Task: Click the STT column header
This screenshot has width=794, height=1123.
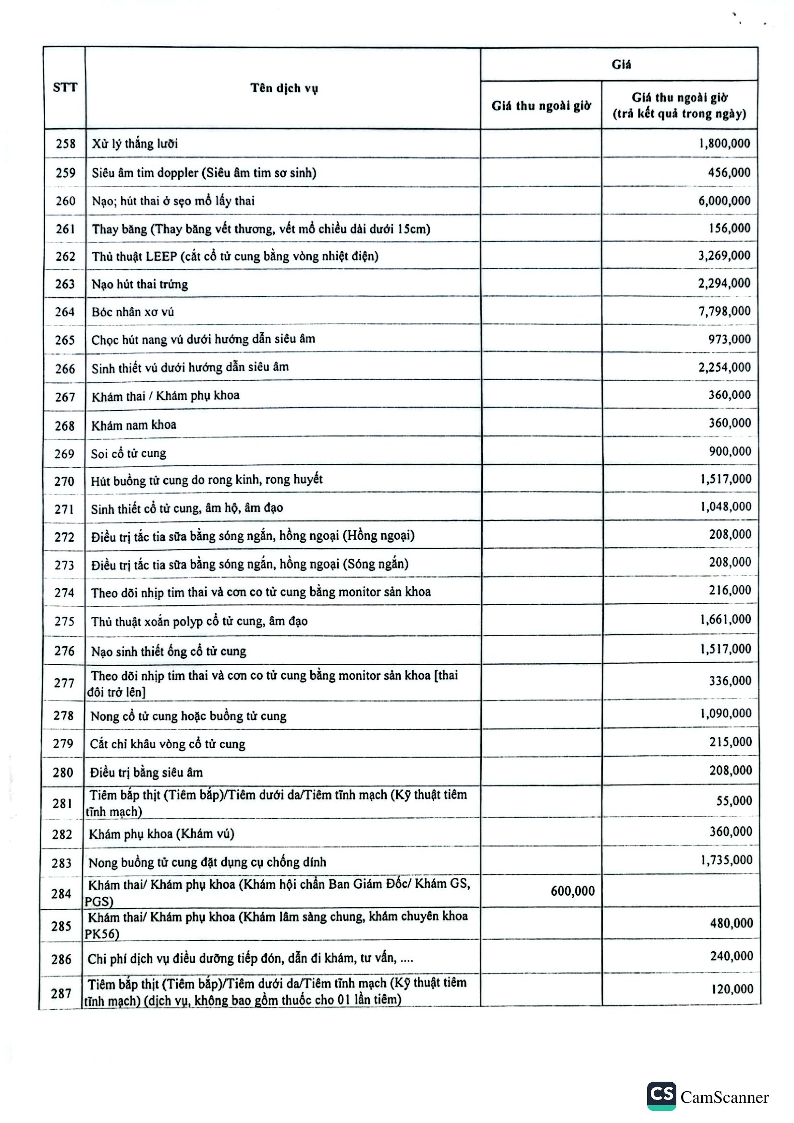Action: [x=65, y=87]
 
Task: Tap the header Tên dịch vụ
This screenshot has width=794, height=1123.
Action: [x=284, y=88]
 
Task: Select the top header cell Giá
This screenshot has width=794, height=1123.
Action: [x=621, y=64]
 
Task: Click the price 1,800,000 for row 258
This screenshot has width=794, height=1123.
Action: [x=724, y=143]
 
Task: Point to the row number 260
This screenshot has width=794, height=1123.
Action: [x=65, y=201]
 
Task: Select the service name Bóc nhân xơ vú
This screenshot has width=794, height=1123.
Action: [x=133, y=312]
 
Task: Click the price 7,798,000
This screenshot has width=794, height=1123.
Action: [x=724, y=311]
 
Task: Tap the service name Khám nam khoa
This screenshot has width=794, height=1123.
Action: [x=134, y=424]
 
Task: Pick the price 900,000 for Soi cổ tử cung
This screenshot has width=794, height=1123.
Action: [x=730, y=451]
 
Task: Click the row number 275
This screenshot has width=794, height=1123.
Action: [x=64, y=621]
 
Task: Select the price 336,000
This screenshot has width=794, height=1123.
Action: [x=730, y=680]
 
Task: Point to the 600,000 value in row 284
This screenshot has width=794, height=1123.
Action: [x=573, y=891]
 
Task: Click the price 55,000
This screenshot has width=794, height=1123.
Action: [x=734, y=801]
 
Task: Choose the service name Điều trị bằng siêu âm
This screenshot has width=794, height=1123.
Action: [x=147, y=773]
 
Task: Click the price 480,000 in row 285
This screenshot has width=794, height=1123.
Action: [x=732, y=923]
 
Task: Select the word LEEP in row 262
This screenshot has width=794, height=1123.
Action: [x=162, y=256]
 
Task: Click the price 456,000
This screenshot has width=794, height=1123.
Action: [x=729, y=172]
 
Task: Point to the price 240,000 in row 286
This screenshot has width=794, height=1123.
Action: [x=732, y=956]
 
